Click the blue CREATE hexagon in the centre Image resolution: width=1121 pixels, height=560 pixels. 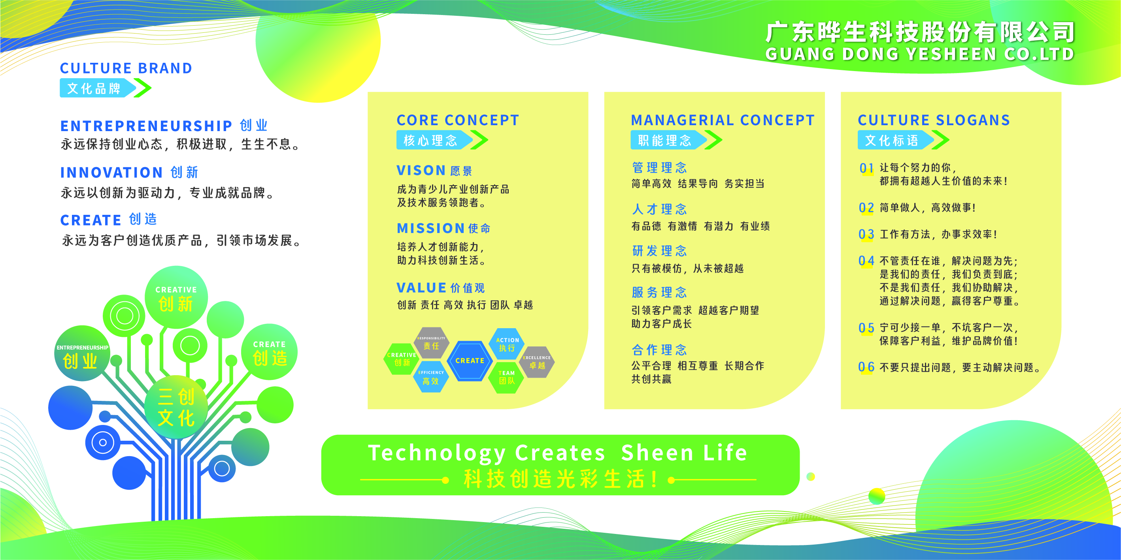(x=470, y=361)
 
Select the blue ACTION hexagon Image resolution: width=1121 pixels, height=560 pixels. (x=507, y=344)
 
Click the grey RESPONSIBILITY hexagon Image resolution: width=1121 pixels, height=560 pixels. (x=431, y=343)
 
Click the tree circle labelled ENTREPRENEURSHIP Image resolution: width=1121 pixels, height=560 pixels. (x=82, y=353)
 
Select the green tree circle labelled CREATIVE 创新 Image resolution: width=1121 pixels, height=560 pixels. (x=176, y=297)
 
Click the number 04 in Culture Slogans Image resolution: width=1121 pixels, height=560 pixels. (x=866, y=261)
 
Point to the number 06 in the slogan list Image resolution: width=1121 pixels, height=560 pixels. (x=866, y=367)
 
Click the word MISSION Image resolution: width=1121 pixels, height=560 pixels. (x=430, y=228)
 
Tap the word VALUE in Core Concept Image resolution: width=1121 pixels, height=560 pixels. (x=421, y=288)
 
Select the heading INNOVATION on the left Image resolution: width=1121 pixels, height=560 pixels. (x=111, y=173)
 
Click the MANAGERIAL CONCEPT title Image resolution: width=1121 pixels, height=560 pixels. (x=723, y=120)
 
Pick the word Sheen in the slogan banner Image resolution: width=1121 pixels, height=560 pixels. (x=657, y=453)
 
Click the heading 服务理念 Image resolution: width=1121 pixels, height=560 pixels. (x=659, y=293)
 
